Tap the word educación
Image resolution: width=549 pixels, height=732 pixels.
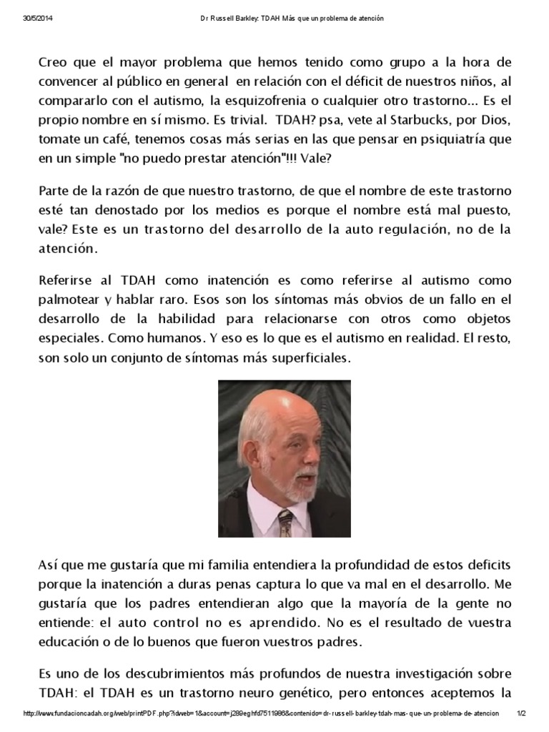71,641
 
